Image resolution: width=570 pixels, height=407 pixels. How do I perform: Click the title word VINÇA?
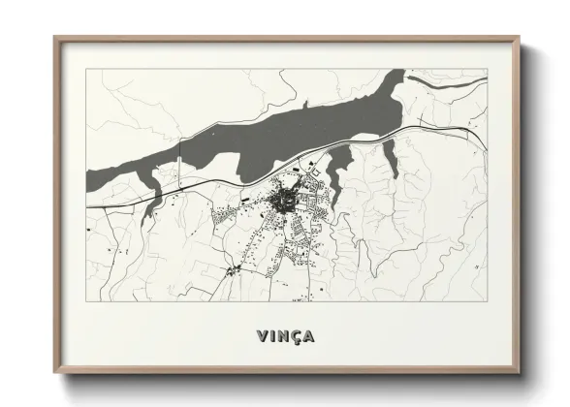point(286,336)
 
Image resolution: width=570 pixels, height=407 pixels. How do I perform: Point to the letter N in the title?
point(282,336)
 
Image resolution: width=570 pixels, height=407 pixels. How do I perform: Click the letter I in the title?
point(272,336)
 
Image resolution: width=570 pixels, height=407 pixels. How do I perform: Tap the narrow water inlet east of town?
point(391,154)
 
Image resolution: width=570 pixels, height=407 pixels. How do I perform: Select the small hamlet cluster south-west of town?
point(233,270)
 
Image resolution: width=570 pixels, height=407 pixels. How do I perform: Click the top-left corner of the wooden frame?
point(55,39)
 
